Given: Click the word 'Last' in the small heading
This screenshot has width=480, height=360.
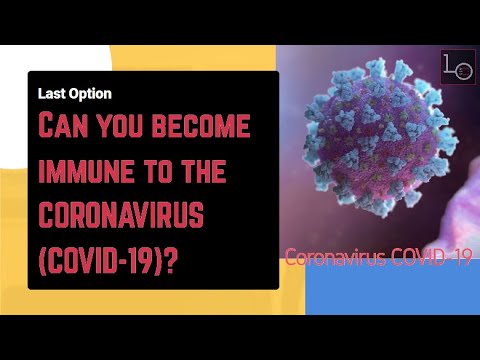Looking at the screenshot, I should click(51, 93).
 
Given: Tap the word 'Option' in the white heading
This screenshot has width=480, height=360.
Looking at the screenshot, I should click(90, 93).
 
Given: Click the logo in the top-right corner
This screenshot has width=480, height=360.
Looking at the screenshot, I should click(458, 66).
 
